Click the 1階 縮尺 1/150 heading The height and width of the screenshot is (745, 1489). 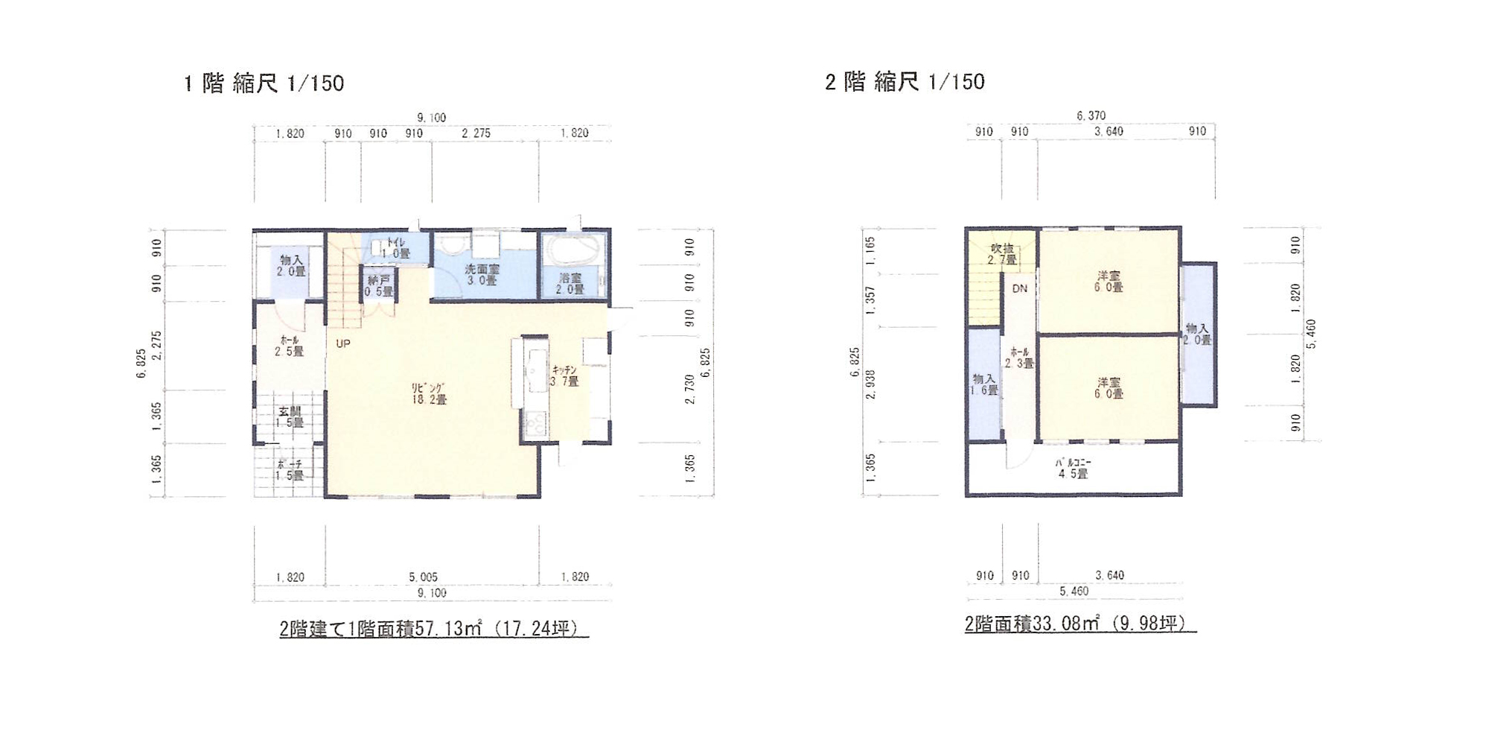pos(264,83)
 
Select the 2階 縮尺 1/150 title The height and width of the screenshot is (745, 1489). pos(905,81)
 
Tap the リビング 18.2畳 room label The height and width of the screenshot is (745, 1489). pos(429,393)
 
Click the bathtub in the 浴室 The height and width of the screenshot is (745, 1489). pos(572,250)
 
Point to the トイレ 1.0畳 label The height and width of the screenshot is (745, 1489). pos(395,248)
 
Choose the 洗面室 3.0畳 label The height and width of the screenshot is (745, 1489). pos(482,274)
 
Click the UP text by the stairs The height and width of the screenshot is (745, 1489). pos(342,343)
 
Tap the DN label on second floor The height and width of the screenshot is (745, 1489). pos(1019,288)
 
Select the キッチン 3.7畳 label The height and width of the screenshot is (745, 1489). pos(564,375)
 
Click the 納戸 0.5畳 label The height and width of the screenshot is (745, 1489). pos(379,285)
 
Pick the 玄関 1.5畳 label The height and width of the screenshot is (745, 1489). pos(290,416)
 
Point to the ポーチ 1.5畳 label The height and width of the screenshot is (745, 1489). pos(290,469)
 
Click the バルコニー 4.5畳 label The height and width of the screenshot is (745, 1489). pos(1073,468)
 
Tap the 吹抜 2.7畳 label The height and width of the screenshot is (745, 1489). pos(1002,254)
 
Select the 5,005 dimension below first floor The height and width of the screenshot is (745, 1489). pos(423,577)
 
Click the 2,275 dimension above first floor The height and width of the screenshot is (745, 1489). pos(476,133)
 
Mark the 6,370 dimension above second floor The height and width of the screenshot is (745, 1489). pos(1091,115)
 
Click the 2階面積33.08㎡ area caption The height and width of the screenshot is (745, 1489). pos(1080,624)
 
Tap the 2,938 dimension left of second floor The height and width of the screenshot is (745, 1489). pos(870,384)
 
